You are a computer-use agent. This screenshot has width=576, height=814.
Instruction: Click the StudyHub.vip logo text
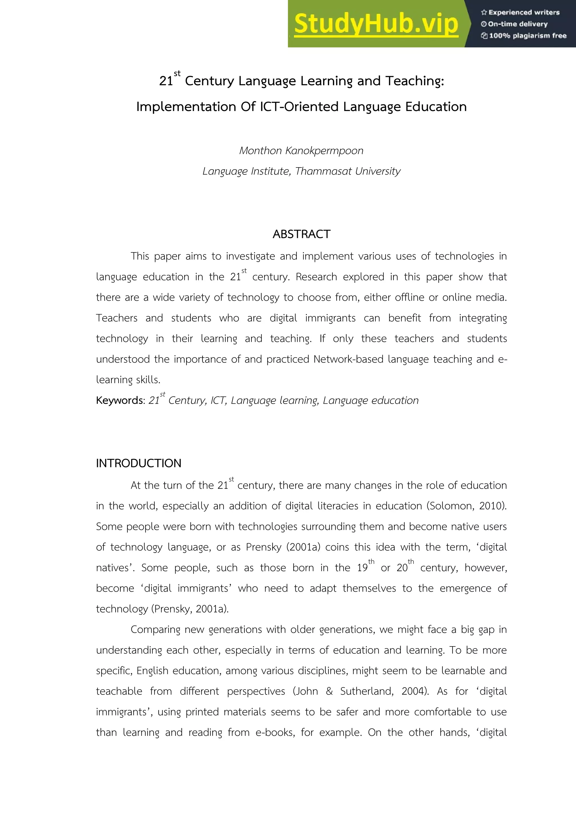(x=376, y=24)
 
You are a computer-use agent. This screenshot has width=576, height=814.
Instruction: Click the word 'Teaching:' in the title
(x=415, y=81)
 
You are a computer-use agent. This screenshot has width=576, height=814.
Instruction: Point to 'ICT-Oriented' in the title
(x=299, y=107)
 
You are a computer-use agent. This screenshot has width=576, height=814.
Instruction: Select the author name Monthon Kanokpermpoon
(x=301, y=151)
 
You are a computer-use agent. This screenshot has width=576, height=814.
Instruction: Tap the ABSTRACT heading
(x=301, y=234)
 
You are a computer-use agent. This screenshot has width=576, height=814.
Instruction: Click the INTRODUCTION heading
(x=139, y=463)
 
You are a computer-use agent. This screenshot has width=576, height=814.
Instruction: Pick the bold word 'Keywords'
(x=120, y=401)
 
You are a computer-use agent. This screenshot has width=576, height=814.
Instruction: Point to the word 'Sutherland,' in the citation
(x=367, y=691)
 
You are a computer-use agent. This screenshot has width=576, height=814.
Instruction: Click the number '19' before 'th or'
(x=362, y=568)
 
